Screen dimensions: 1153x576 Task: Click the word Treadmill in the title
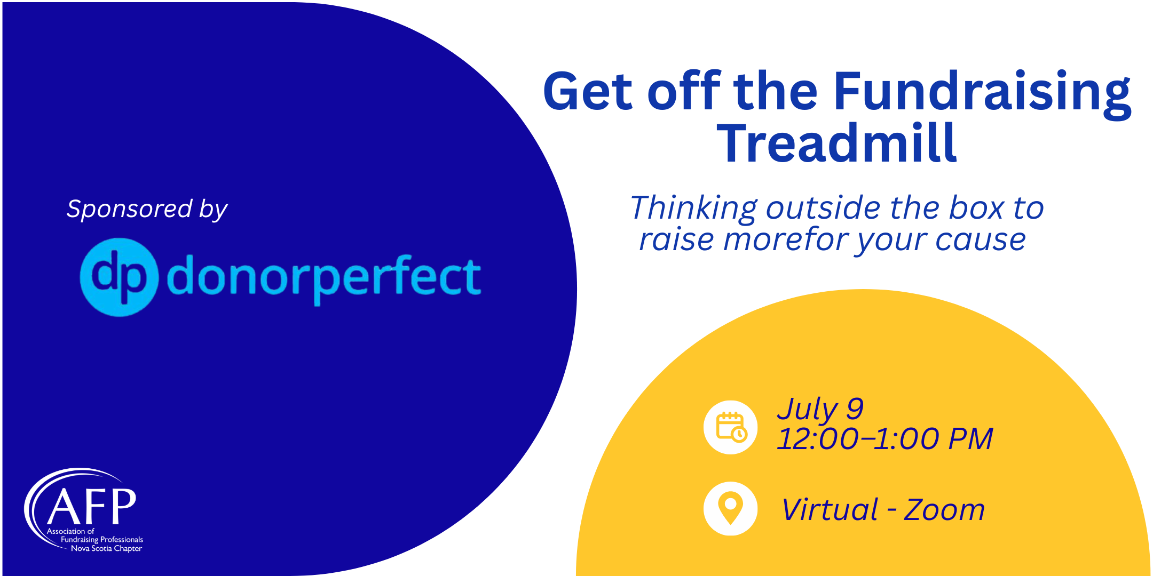pos(836,143)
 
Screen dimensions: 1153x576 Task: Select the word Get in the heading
pos(588,92)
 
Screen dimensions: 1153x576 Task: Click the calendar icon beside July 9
pos(730,427)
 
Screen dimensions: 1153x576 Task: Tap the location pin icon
pos(730,508)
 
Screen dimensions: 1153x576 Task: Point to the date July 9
pos(820,410)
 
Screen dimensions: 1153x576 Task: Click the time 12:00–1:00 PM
pos(885,439)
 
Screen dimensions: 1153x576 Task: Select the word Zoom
pos(944,510)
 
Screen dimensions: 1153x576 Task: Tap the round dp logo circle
pos(119,277)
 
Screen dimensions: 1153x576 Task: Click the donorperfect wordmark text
pos(324,278)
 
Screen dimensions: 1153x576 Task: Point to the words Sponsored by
pos(147,210)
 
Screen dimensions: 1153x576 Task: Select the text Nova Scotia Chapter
pos(107,548)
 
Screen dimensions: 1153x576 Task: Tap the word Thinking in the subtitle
pos(693,208)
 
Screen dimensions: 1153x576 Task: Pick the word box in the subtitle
pos(976,207)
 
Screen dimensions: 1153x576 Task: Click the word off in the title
pos(684,91)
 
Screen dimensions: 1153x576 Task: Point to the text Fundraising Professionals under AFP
pos(102,540)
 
